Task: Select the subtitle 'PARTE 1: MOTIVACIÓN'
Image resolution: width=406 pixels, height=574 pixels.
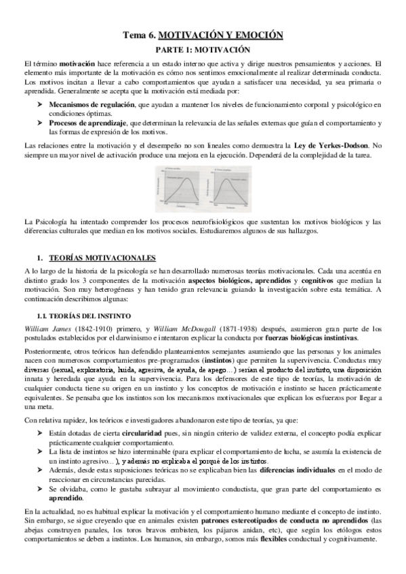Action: tap(203, 49)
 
